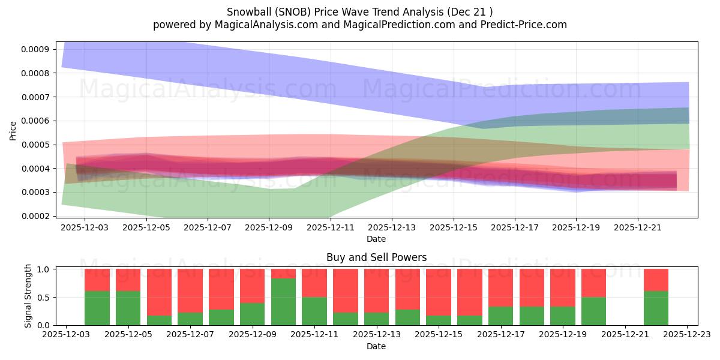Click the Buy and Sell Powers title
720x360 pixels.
376,257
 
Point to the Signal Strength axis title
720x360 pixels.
28,296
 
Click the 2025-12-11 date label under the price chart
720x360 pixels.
330,228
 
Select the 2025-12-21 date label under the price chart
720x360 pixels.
637,228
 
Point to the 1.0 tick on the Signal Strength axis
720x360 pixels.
44,269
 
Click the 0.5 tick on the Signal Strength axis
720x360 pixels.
44,298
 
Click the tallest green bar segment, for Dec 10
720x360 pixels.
283,302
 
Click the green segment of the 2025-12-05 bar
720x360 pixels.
128,308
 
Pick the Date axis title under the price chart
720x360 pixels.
376,239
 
